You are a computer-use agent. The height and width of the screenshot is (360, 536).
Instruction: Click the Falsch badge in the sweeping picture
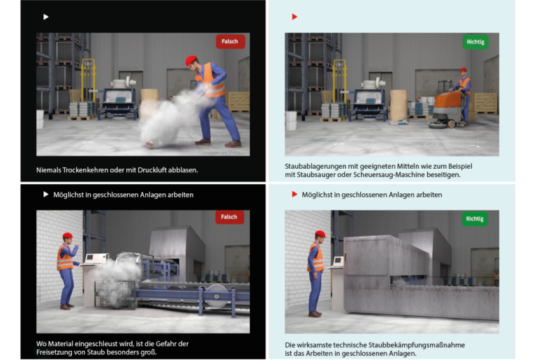click(230, 41)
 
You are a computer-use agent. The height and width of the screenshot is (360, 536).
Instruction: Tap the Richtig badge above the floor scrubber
click(475, 42)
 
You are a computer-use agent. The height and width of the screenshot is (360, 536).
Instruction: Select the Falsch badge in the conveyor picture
click(230, 217)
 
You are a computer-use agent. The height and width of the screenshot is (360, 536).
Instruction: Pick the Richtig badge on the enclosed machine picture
click(475, 218)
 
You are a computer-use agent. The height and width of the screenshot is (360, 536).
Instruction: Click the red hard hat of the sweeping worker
click(191, 61)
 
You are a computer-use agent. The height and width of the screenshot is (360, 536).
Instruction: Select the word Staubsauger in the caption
click(314, 175)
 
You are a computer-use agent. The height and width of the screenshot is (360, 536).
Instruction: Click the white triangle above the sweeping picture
click(46, 17)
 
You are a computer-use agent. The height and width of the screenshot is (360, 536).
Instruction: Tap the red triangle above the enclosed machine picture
click(295, 195)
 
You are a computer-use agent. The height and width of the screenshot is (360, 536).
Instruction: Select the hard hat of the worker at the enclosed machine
click(320, 234)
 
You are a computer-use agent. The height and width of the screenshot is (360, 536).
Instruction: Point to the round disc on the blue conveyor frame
click(216, 295)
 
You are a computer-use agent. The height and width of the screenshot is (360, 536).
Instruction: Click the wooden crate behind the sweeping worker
click(239, 102)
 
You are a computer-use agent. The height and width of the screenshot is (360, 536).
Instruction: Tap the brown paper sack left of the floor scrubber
click(399, 105)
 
